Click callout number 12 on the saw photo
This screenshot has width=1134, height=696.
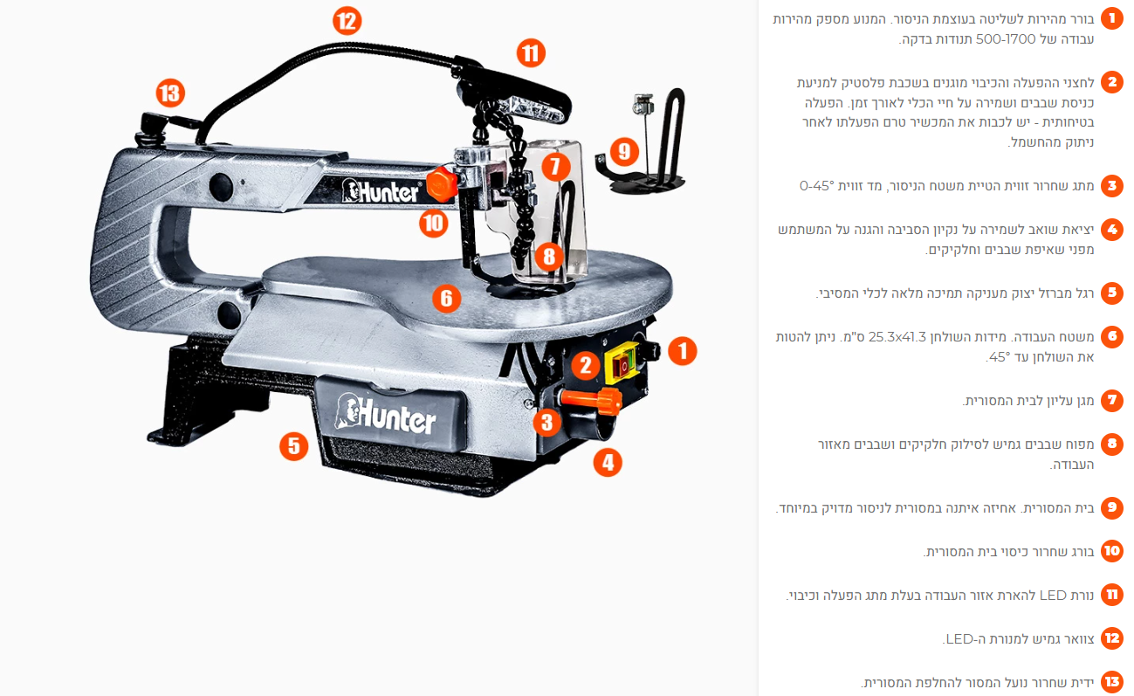click(347, 21)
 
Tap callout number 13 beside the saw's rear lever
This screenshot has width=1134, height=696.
click(170, 93)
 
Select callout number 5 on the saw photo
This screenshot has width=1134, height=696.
click(293, 445)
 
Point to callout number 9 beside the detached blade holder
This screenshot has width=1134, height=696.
click(623, 151)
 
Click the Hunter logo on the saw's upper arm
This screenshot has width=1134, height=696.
click(381, 191)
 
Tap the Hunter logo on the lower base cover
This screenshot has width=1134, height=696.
click(386, 414)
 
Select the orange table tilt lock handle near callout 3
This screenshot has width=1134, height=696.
click(591, 401)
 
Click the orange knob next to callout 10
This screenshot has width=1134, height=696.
click(442, 184)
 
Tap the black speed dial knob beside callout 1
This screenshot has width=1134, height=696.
click(650, 350)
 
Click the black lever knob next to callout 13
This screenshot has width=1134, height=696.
click(153, 123)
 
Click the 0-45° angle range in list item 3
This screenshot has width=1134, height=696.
click(816, 186)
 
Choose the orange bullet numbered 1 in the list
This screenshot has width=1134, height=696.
click(1111, 18)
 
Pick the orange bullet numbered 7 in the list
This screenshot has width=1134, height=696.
click(1111, 401)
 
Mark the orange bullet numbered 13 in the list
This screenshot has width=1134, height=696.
click(1111, 682)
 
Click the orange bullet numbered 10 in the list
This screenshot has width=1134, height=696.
click(1111, 551)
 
